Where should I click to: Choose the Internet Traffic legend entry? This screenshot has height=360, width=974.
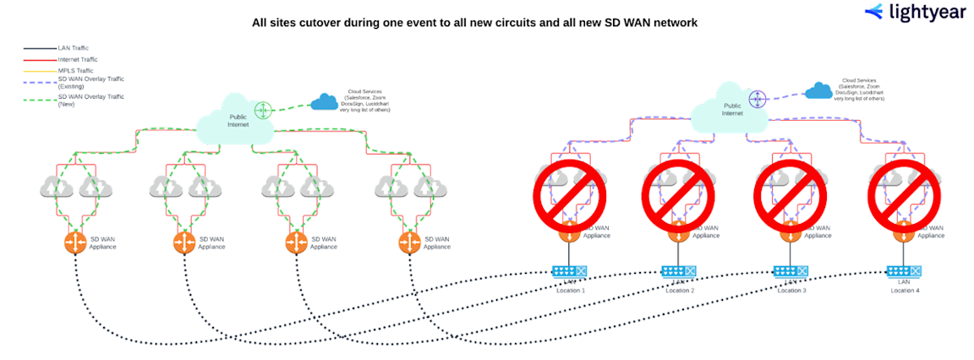click(x=79, y=61)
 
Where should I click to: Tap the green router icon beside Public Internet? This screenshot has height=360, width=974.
click(x=264, y=110)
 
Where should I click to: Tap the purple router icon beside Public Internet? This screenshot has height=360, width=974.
click(x=758, y=99)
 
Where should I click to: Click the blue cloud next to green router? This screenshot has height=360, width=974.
click(x=324, y=102)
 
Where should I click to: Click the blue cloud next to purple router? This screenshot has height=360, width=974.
click(x=817, y=90)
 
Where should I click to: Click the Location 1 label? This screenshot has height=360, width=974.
click(x=571, y=290)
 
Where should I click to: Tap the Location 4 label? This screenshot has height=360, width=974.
click(x=904, y=290)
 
